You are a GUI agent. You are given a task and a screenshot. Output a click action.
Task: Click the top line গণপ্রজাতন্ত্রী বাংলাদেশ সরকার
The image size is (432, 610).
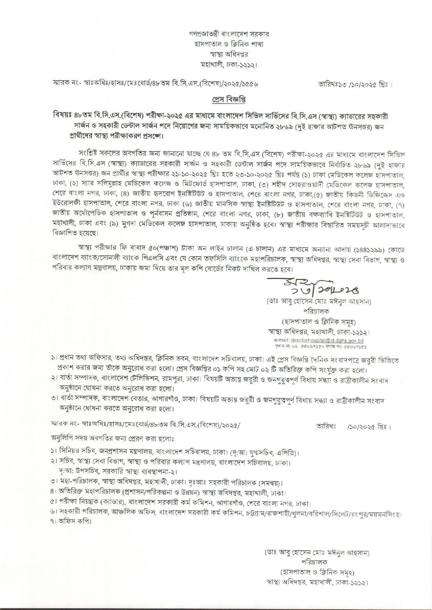[229, 34]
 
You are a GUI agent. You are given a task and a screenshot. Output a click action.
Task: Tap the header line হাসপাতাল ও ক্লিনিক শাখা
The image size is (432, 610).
[229, 44]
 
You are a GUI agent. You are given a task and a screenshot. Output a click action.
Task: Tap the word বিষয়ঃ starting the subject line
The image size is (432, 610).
[61, 115]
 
